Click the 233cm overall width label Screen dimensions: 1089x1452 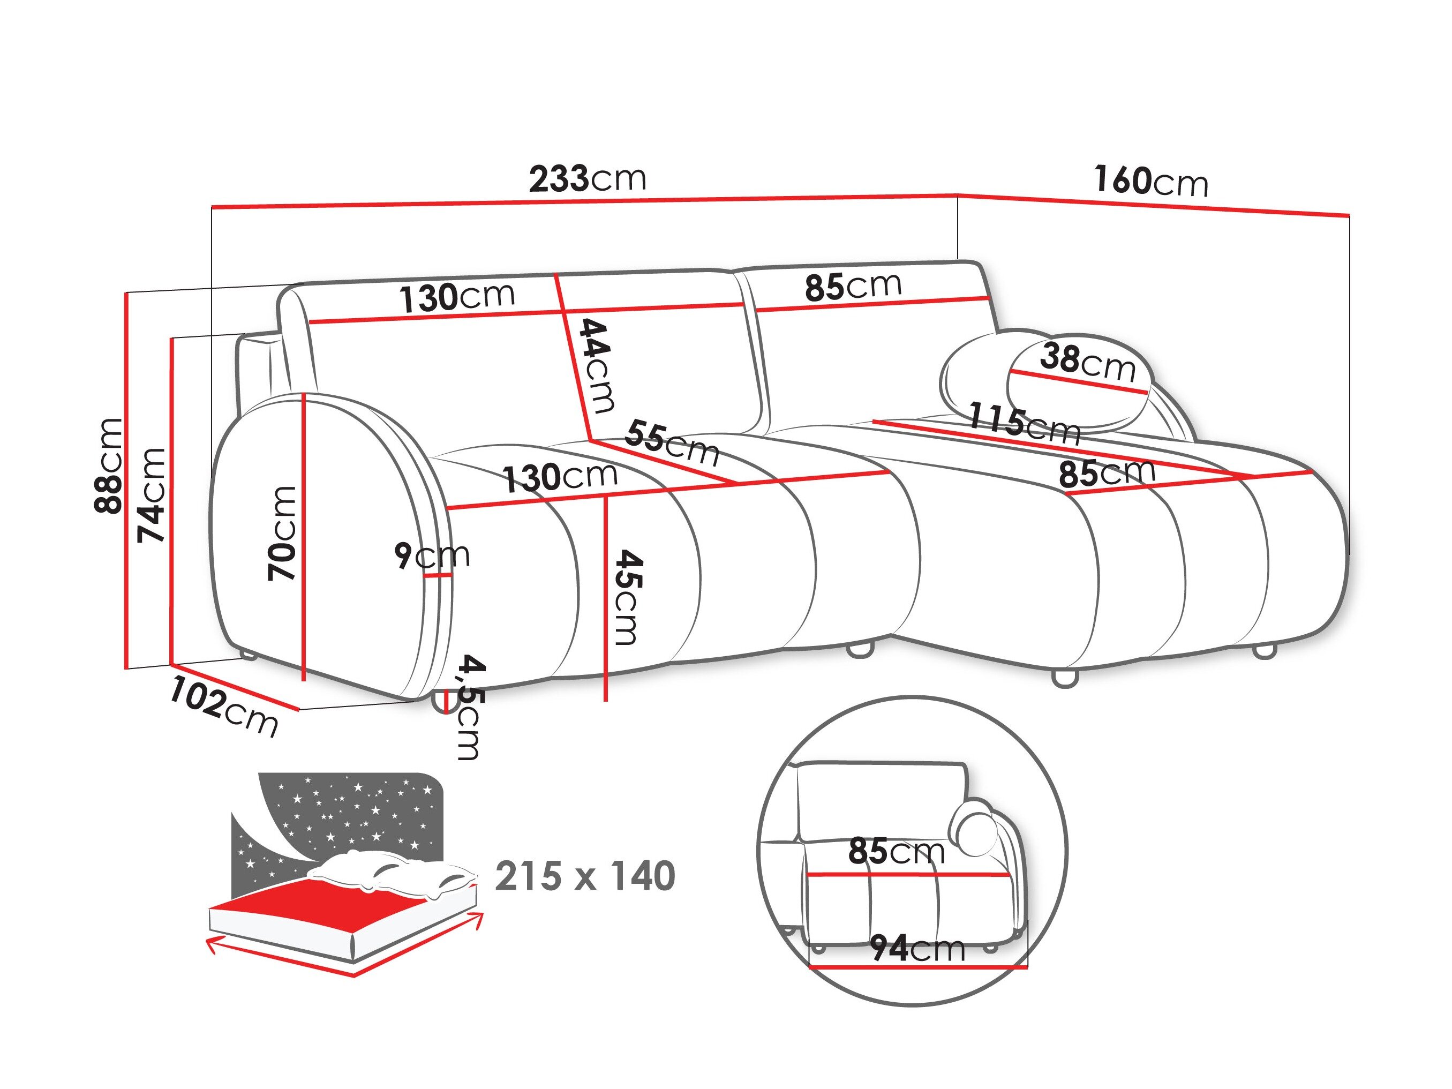pyautogui.click(x=588, y=178)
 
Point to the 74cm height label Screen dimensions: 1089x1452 pyautogui.click(x=152, y=495)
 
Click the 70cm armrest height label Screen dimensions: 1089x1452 pyautogui.click(x=283, y=533)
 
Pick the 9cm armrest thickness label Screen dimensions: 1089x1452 pyautogui.click(x=432, y=555)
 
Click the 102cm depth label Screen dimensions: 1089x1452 pyautogui.click(x=223, y=708)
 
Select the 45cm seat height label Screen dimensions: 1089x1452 pyautogui.click(x=626, y=597)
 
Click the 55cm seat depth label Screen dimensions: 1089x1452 pyautogui.click(x=671, y=443)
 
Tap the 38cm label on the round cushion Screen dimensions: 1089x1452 pyautogui.click(x=1087, y=362)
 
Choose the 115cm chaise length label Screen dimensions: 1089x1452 pyautogui.click(x=1024, y=422)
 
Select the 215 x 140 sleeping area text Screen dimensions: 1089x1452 pyautogui.click(x=585, y=876)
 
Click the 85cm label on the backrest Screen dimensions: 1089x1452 pyautogui.click(x=853, y=286)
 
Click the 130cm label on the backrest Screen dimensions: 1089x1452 pyautogui.click(x=457, y=297)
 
